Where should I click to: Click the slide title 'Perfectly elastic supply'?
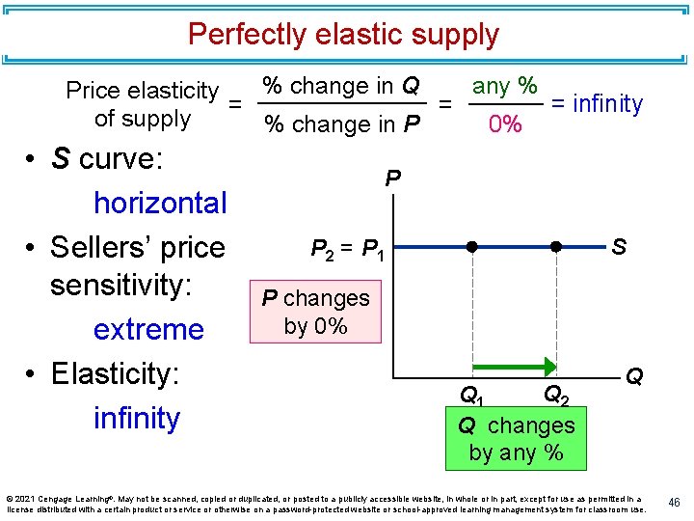click(343, 35)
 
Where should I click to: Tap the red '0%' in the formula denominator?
click(505, 125)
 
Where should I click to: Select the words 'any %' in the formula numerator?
click(504, 86)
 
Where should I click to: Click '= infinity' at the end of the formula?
click(597, 103)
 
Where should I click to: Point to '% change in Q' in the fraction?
click(342, 86)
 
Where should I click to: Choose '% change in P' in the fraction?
click(342, 124)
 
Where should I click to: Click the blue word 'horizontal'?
click(160, 203)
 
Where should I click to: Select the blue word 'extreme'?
click(148, 329)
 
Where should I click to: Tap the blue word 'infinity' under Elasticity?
click(137, 418)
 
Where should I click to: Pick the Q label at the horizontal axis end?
click(633, 375)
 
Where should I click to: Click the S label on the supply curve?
click(618, 247)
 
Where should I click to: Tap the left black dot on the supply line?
click(472, 247)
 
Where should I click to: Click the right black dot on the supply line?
click(556, 247)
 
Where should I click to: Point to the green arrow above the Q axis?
click(515, 367)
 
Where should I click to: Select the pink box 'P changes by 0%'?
click(316, 312)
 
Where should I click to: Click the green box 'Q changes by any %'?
click(516, 438)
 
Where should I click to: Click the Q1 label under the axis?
click(471, 395)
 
